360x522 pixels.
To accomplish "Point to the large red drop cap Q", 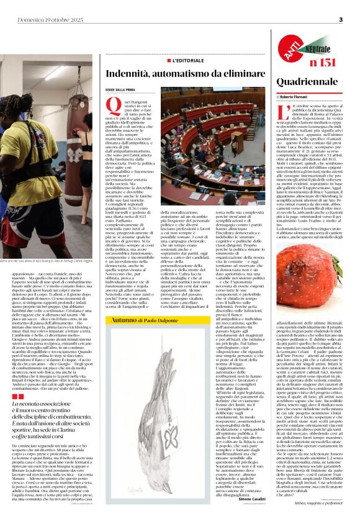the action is tap(113, 108).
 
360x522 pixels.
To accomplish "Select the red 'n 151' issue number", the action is tap(322, 62).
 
